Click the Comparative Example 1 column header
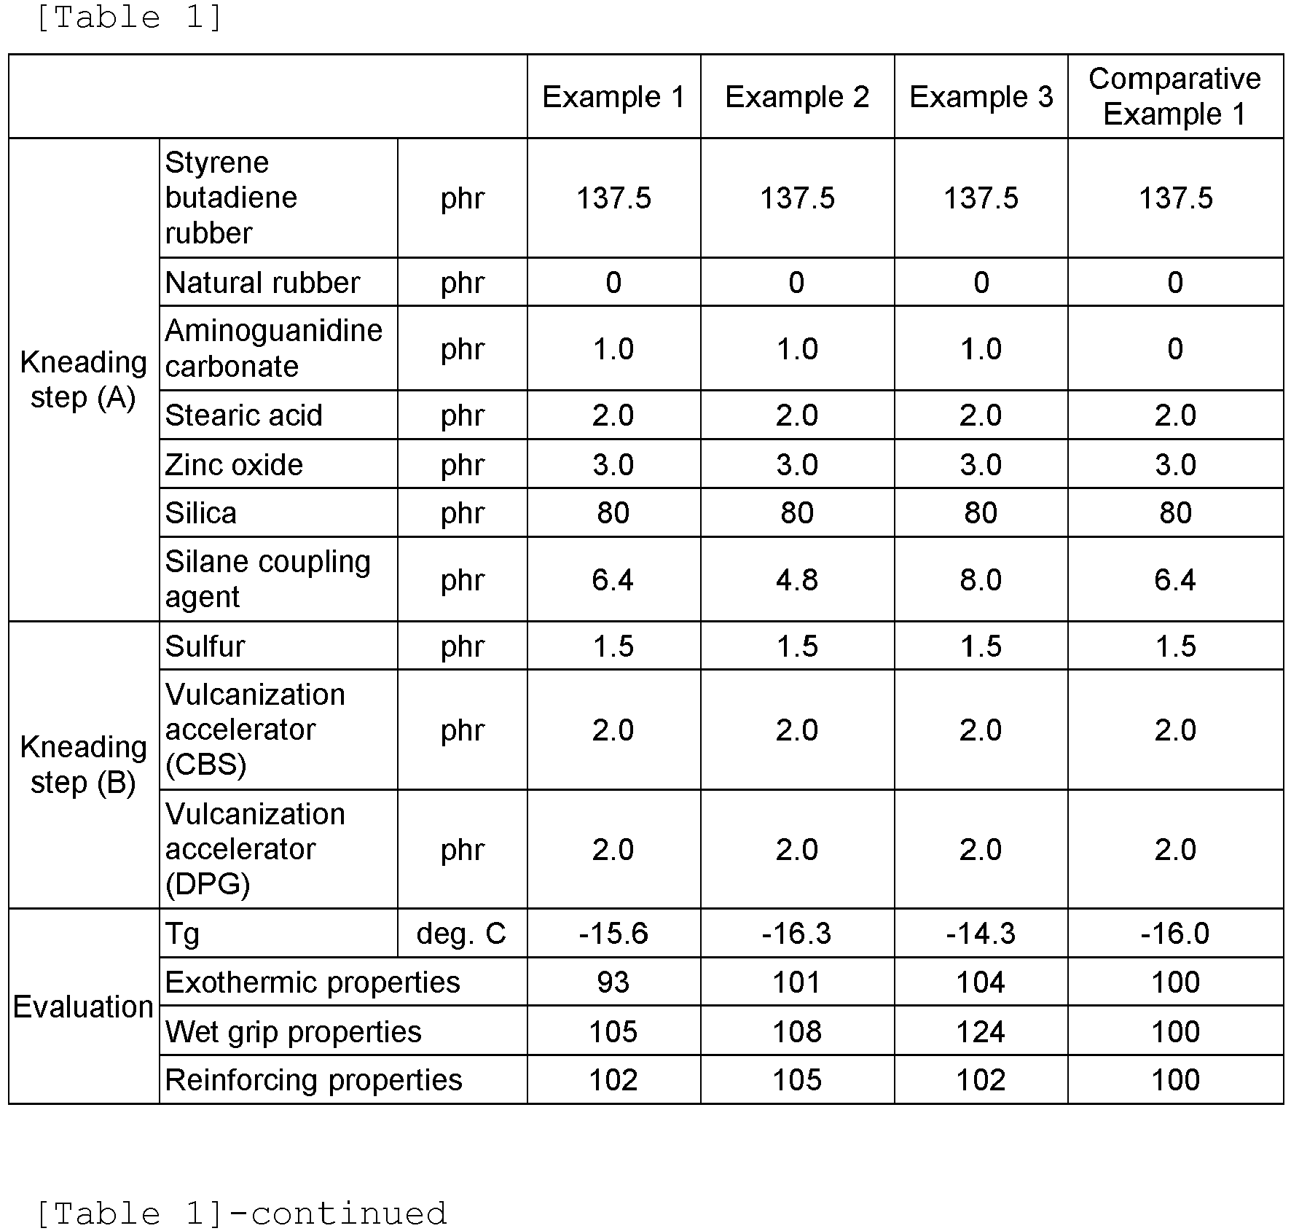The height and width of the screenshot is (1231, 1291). [1174, 96]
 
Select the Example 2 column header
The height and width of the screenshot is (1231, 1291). [797, 97]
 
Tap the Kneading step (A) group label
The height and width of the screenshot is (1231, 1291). [83, 380]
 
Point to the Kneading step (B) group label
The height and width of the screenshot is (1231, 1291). [83, 765]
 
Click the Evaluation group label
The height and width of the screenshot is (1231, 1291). [83, 1007]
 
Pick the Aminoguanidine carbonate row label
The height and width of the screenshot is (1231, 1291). [273, 348]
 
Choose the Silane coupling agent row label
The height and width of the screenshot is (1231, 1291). [267, 579]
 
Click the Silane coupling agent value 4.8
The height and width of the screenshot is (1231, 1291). [797, 580]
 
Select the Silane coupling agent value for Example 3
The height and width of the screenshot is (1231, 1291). [981, 580]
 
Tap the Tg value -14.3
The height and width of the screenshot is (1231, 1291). [981, 934]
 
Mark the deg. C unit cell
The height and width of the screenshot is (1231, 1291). [461, 934]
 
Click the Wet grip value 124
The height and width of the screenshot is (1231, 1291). [981, 1032]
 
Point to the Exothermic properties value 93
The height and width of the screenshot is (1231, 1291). [613, 982]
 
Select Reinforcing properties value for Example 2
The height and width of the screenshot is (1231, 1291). [797, 1080]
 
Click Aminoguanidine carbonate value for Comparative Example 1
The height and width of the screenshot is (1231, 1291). [1175, 349]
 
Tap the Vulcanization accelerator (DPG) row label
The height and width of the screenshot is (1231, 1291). [255, 849]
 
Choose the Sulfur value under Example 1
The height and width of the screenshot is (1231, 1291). [613, 646]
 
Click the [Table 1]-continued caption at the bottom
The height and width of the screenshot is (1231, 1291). [241, 1214]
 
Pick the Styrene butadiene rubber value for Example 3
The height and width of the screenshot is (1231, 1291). [981, 198]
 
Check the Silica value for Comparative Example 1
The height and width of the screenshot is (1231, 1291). [1175, 513]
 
